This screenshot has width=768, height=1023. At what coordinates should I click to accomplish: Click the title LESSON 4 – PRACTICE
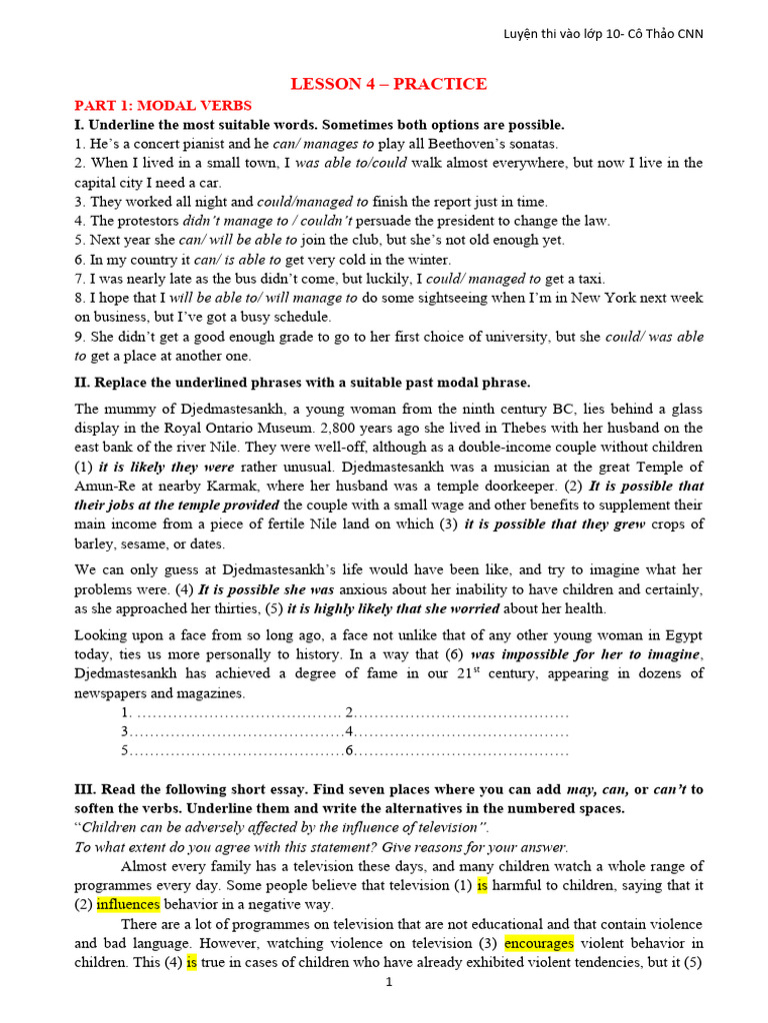389,84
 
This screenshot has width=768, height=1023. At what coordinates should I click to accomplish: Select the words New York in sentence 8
578,298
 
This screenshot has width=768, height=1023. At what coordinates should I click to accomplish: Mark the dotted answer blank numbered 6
461,750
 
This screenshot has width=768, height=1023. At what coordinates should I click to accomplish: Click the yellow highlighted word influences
128,904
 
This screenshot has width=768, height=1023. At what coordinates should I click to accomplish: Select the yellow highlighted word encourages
539,943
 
